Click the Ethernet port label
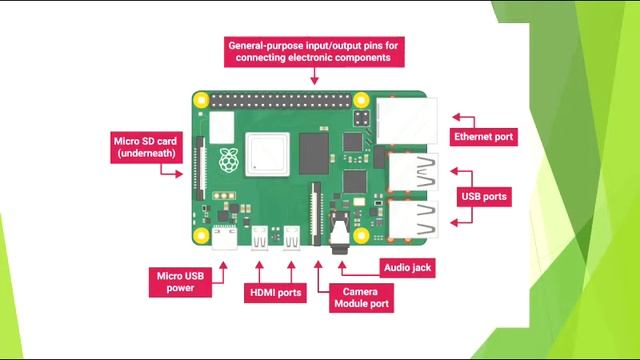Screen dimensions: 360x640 484,136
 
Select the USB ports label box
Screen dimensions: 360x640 484,196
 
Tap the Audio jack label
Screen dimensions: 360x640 409,267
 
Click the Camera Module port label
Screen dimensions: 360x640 360,297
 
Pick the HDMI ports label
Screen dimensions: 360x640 275,293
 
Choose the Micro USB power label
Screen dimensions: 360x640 181,281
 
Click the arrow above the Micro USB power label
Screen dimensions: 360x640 223,266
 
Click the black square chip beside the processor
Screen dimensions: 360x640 314,156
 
